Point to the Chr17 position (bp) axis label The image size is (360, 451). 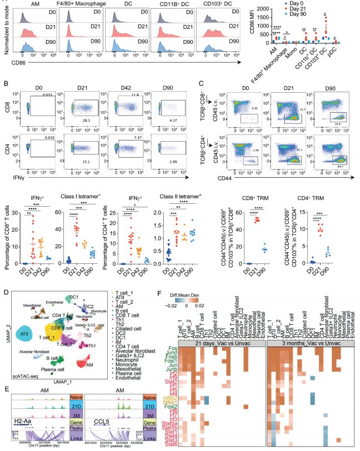tap(47, 447)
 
